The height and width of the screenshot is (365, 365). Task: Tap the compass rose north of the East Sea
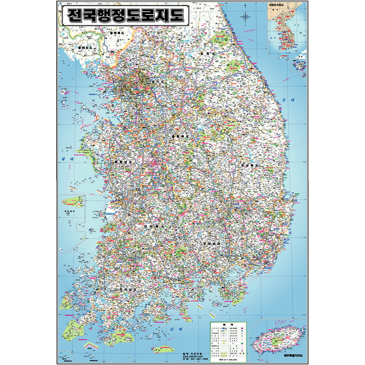[x=245, y=16]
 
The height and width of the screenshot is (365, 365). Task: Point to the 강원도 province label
[x=207, y=54]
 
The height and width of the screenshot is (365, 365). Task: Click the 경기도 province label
[x=157, y=83]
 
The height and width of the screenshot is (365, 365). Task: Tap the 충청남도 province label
[x=123, y=162]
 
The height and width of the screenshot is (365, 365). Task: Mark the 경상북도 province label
[x=249, y=165]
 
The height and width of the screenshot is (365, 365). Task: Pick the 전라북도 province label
[x=154, y=226]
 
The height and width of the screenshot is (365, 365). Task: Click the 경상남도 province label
[x=212, y=243]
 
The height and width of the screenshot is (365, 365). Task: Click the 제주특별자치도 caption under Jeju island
[x=293, y=356]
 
